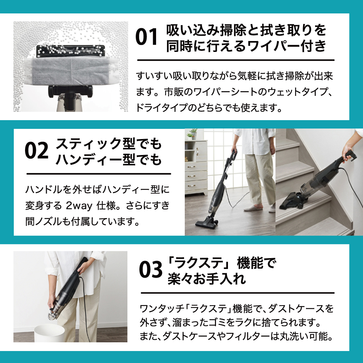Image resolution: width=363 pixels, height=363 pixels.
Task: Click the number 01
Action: click(x=146, y=37)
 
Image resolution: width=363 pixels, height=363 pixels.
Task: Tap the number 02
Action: click(x=36, y=151)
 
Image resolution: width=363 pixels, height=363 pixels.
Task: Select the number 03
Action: click(x=151, y=269)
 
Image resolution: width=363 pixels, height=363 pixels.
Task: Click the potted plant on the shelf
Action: click(x=193, y=134)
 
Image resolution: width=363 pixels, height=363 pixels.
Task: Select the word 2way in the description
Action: click(x=79, y=205)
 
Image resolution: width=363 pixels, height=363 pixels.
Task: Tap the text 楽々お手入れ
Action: click(x=207, y=279)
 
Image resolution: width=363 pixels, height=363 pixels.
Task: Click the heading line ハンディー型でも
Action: click(x=109, y=159)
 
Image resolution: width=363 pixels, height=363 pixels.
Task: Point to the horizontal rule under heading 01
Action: click(x=236, y=60)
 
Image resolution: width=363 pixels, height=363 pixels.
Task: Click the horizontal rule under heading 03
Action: click(x=237, y=293)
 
